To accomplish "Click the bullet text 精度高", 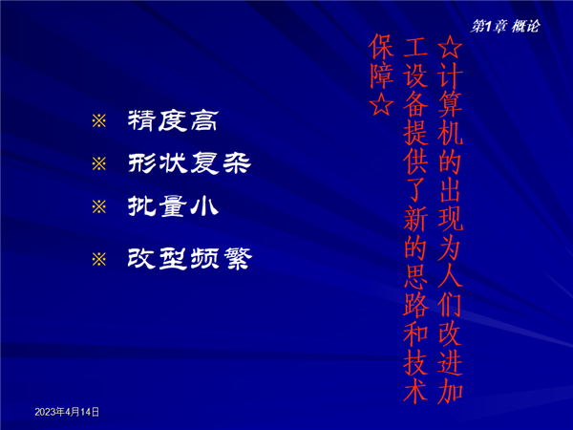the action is [173, 120].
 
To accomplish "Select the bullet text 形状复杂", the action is [189, 162].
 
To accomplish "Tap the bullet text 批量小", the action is [173, 205].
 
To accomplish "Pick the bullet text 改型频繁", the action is [190, 259].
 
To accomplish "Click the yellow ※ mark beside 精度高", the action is [99, 120].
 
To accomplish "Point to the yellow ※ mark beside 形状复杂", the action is [99, 163].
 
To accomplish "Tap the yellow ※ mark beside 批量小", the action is [99, 207].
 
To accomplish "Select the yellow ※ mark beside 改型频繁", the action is [99, 260].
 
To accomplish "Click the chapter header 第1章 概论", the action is [504, 27].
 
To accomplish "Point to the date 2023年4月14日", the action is [67, 412].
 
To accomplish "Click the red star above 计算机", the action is [450, 47].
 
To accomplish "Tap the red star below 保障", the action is [381, 104].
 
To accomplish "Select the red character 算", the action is [450, 104].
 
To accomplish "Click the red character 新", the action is [415, 218].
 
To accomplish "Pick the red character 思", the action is [415, 275].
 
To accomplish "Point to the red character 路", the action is [415, 304].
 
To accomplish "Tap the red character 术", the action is [415, 390].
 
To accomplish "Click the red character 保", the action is [381, 47].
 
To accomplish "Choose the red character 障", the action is [381, 75].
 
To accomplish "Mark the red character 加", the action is [450, 391].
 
